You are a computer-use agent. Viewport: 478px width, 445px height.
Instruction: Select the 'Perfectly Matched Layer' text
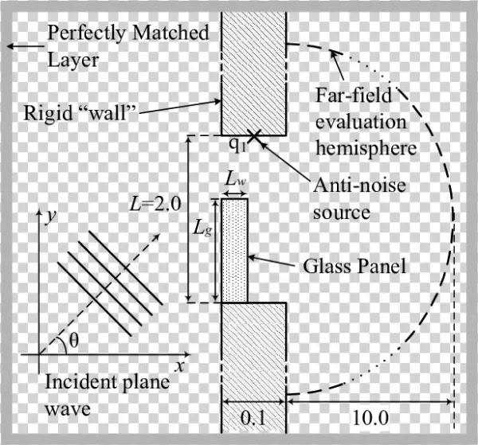[x=127, y=46]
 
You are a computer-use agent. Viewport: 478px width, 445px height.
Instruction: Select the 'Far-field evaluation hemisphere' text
[x=366, y=123]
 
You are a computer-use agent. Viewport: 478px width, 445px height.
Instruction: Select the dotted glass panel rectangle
[x=234, y=251]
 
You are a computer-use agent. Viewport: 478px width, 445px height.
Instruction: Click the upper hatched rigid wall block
[x=253, y=72]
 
